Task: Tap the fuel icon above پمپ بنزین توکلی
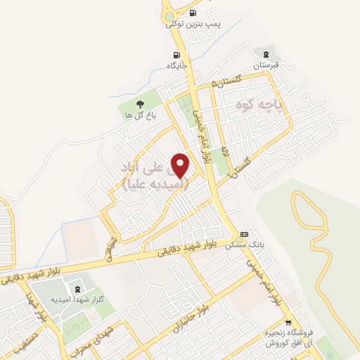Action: (x=193, y=13)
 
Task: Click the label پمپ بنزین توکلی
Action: (x=193, y=24)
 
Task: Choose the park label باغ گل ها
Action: (x=134, y=114)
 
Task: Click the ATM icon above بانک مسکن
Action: (x=244, y=234)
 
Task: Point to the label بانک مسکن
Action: (x=244, y=245)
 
